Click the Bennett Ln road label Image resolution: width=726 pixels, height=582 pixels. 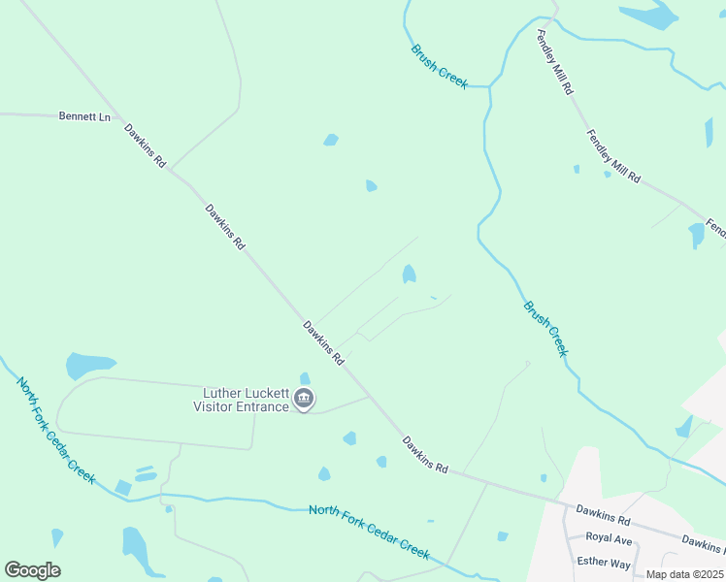(x=84, y=116)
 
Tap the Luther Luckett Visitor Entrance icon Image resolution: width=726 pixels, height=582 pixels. (x=304, y=399)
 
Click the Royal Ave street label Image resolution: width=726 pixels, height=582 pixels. (x=610, y=540)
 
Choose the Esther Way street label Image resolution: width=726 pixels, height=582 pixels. (x=604, y=564)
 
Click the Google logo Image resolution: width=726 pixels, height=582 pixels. (x=32, y=570)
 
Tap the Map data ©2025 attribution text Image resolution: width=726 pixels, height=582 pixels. (x=683, y=574)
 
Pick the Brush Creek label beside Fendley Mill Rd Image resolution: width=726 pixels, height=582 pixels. (x=439, y=67)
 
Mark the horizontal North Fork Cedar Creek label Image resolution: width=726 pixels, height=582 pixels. (x=369, y=531)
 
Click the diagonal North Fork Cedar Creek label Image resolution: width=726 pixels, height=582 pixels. (x=56, y=430)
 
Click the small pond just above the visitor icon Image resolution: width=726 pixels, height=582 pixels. (x=305, y=378)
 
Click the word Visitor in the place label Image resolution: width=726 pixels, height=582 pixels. (x=214, y=406)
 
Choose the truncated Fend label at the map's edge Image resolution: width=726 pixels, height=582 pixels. (x=716, y=229)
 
